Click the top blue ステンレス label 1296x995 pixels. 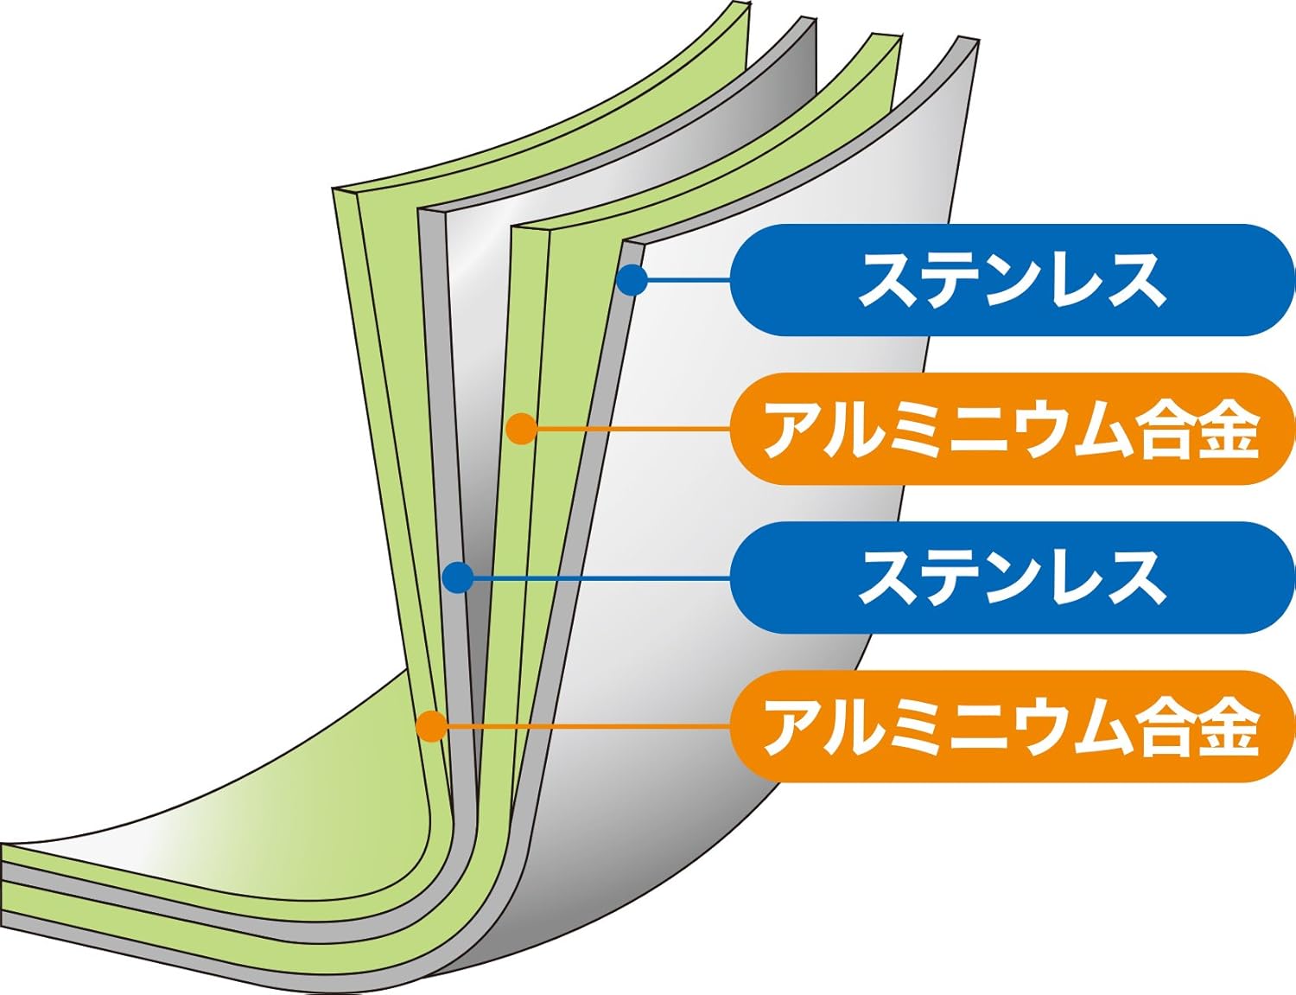(1011, 280)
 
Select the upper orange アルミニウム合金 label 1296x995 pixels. (1011, 429)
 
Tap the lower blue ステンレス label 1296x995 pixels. (1011, 577)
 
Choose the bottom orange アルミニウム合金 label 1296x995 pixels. (1011, 726)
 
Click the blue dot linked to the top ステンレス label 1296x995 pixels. (632, 279)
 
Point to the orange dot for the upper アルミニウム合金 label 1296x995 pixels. (521, 429)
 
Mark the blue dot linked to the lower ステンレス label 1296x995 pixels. (457, 577)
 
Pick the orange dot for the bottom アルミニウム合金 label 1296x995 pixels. (431, 726)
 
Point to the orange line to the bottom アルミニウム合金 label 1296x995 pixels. (588, 726)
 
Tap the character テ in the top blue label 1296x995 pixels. (950, 280)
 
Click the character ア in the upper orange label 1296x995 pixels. (792, 430)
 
